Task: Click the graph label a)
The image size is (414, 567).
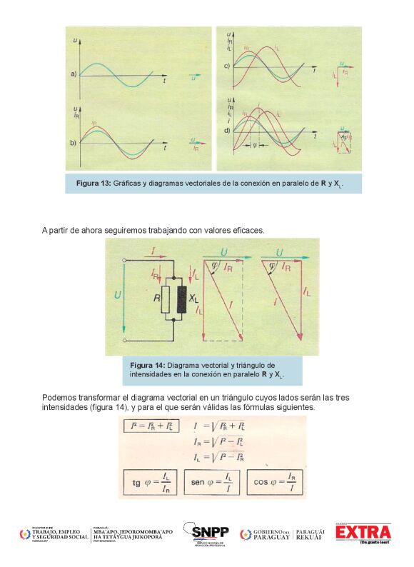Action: click(73, 74)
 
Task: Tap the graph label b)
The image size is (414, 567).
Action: click(73, 143)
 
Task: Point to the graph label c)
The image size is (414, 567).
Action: click(226, 66)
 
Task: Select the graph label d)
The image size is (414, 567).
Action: click(227, 131)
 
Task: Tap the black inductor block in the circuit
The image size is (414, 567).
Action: click(181, 300)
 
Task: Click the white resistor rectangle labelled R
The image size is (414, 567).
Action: click(166, 300)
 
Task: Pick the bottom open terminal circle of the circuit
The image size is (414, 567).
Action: click(126, 341)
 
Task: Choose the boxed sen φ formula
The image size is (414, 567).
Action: click(211, 483)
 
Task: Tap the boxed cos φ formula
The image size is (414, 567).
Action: click(275, 483)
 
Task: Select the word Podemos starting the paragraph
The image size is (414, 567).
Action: click(60, 397)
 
